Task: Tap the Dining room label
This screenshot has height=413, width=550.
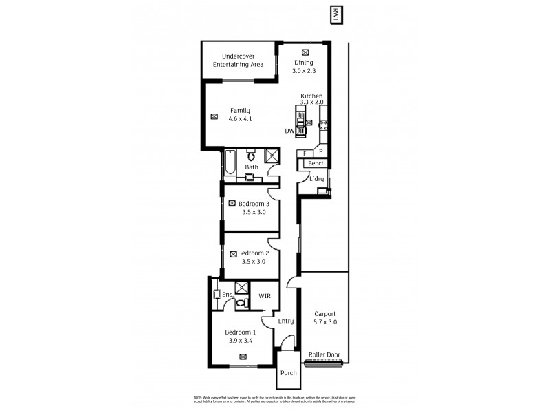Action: coord(303,63)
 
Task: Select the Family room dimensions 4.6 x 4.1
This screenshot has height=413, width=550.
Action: coord(239,119)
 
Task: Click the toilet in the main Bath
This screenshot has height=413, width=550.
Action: coord(252,154)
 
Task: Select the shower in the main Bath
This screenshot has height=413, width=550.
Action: coord(272,155)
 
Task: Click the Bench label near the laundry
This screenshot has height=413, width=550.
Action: coord(316,163)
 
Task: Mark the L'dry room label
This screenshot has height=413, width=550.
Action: coord(316,179)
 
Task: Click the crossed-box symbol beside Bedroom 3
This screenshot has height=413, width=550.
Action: coord(232,203)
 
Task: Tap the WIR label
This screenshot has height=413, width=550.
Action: coord(264,296)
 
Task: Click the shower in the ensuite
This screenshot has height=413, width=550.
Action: coord(241,288)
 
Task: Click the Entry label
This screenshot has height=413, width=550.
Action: coord(286,321)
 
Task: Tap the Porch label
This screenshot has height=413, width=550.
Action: coord(288,373)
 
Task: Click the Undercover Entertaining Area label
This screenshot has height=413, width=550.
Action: coord(238,60)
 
